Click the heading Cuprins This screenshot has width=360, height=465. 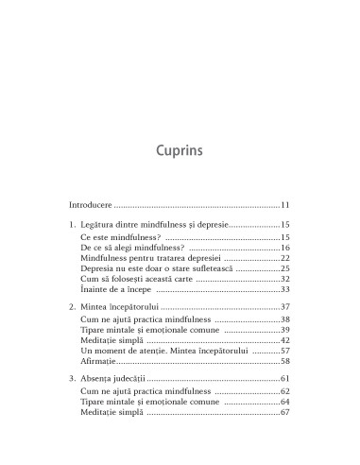(x=180, y=151)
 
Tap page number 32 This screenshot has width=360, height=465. (x=284, y=306)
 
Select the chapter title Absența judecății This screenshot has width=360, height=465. (x=118, y=416)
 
